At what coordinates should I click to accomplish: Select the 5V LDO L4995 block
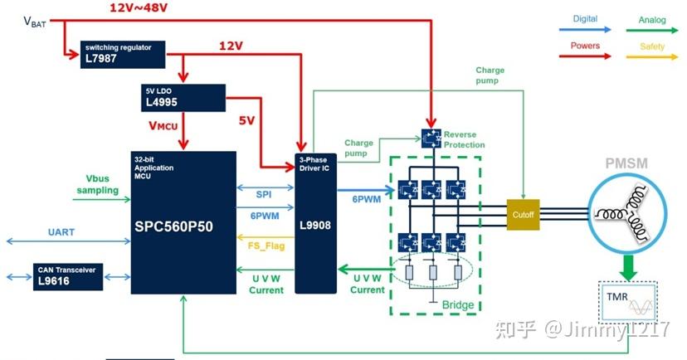click(183, 98)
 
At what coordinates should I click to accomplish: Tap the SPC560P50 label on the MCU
click(181, 223)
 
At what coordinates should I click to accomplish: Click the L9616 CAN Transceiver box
click(67, 276)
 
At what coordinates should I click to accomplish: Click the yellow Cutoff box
click(524, 214)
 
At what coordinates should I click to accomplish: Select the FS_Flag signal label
click(266, 246)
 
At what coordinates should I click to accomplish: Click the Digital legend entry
click(584, 18)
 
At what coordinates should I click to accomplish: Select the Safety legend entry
click(652, 46)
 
